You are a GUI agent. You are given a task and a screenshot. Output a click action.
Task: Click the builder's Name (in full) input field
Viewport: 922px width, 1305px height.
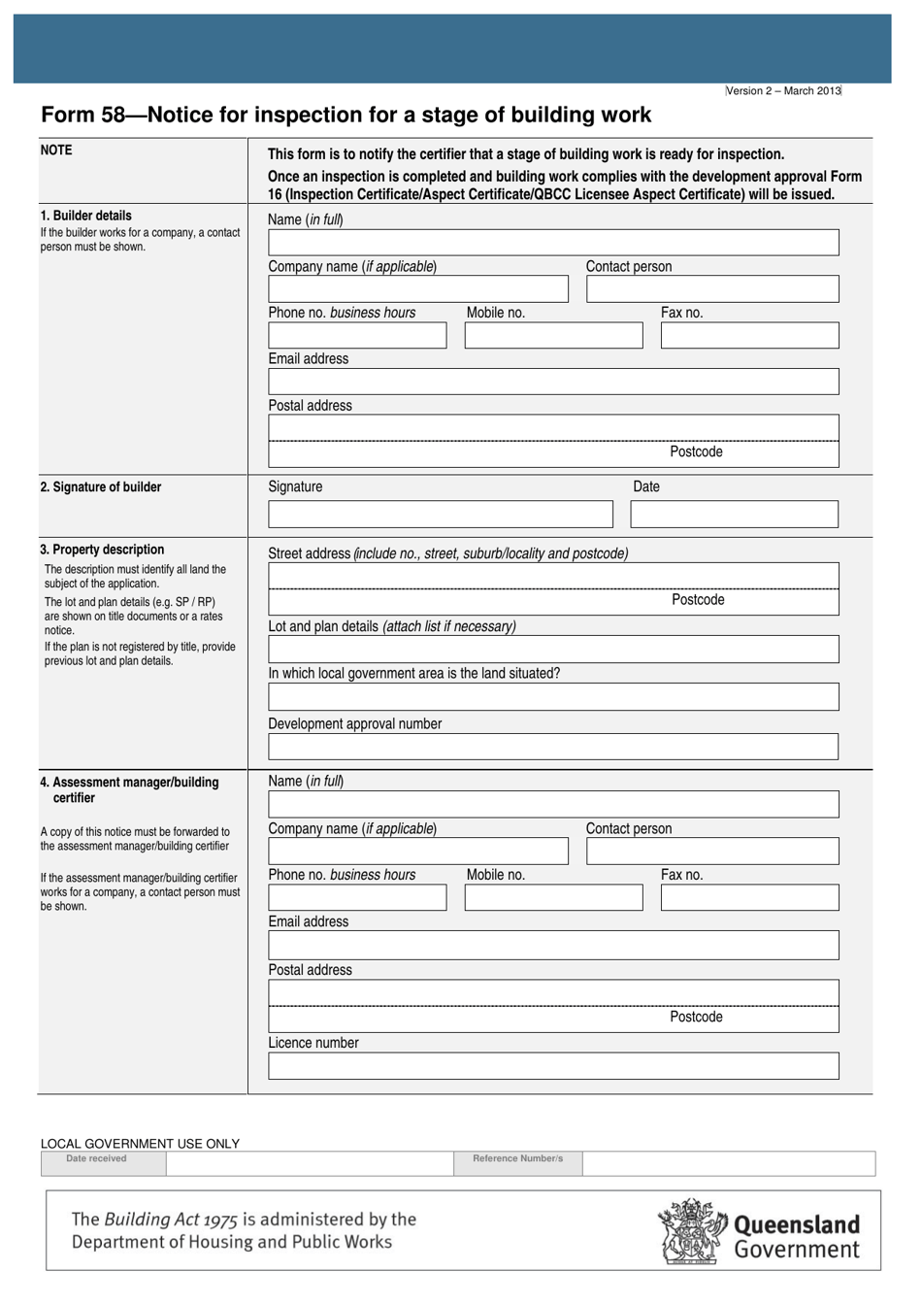tap(553, 243)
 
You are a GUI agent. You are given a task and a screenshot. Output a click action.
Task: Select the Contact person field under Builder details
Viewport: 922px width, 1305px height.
tap(712, 289)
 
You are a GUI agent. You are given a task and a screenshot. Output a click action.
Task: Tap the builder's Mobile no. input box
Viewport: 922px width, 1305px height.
tap(553, 336)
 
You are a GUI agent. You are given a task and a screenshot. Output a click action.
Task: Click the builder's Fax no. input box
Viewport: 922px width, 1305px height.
tap(749, 336)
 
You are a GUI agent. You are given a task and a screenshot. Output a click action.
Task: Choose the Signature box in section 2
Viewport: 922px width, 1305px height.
tap(441, 515)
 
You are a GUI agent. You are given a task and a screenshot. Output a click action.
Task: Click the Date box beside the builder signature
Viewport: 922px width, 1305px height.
tap(734, 515)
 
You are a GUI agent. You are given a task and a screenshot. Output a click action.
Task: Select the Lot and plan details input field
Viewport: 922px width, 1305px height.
tap(553, 650)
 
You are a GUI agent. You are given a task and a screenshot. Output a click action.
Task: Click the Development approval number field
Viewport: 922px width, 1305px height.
tap(553, 747)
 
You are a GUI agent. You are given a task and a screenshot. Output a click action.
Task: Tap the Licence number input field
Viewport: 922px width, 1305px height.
tap(553, 1066)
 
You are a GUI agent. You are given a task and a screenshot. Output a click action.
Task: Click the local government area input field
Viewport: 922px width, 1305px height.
tap(553, 697)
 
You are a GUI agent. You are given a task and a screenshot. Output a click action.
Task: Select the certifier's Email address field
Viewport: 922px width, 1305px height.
tap(553, 946)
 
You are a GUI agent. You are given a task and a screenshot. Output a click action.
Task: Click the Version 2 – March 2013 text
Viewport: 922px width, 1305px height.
tap(783, 91)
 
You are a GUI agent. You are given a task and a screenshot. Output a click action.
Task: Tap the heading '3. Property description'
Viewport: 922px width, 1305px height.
tap(102, 550)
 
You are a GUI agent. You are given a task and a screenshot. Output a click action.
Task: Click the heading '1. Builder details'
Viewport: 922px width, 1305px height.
tap(85, 216)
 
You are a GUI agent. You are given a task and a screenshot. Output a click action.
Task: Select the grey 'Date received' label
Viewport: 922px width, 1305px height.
tap(96, 1158)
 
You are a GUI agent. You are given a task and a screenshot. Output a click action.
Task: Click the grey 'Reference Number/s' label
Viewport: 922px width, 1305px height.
tap(517, 1158)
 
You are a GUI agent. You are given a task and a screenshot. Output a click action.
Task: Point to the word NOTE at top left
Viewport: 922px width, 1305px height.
tap(56, 151)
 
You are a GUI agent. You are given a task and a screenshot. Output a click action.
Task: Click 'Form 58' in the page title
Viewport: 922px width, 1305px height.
tap(83, 116)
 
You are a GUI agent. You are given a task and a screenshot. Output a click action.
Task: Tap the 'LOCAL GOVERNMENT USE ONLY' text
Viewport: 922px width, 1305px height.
tap(140, 1144)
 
